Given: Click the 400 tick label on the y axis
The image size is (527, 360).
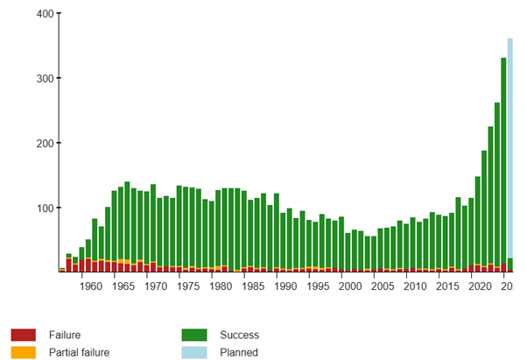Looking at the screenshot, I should pos(41,14).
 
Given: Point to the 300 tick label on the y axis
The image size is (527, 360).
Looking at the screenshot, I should pos(41,78).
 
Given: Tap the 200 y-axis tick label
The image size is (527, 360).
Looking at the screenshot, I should pos(41,143).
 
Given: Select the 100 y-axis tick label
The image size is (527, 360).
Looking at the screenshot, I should pos(41,208).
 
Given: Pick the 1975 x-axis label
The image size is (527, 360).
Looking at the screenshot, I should pos(187,286).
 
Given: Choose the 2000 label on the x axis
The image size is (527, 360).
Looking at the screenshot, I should pos(350,286).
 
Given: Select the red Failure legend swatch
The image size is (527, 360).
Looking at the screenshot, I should pos(24,335).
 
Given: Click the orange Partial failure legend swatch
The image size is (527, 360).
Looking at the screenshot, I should pos(24,352).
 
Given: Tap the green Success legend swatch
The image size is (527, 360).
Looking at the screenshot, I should pos(194,335).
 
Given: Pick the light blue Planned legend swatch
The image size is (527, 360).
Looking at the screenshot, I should pos(194,352).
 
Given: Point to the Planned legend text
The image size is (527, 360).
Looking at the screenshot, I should pos(238,352).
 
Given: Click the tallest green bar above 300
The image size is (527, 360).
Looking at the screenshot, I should pos(503,158).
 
